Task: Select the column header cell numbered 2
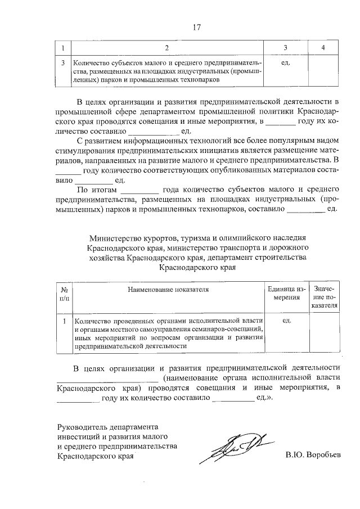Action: (x=167, y=47)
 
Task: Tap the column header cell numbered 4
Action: (x=323, y=47)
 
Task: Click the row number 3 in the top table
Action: (x=63, y=63)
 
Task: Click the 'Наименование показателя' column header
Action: (x=168, y=289)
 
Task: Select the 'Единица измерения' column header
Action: (x=286, y=293)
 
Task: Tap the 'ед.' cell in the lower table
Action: (x=286, y=321)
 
